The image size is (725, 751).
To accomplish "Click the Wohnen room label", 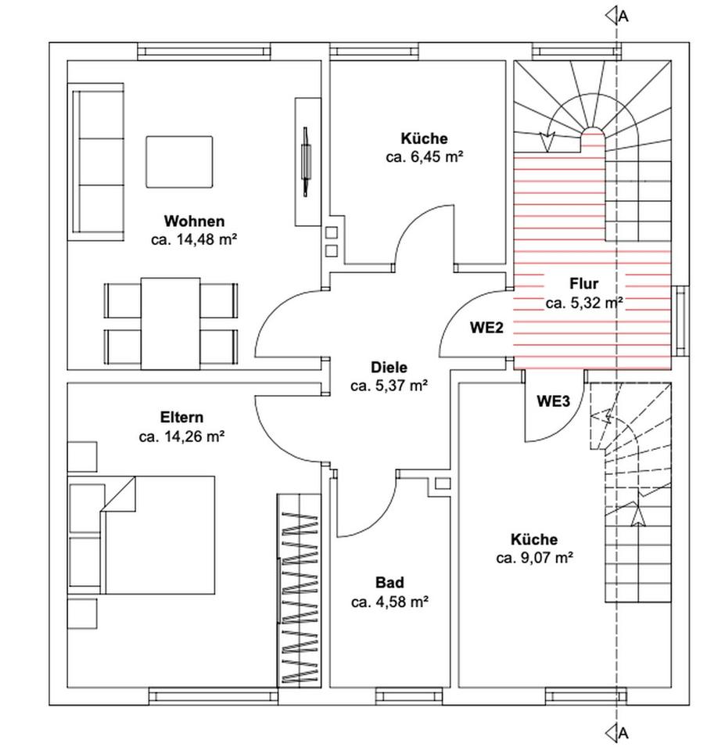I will coord(194,221).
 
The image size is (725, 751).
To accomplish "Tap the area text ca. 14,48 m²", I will coord(194,240).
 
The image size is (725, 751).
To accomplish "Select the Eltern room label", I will coord(181,418).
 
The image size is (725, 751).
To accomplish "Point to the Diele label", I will coord(389,367).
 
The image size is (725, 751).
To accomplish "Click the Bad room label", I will coord(389,583).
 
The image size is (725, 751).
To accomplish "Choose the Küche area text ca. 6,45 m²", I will coord(425,157).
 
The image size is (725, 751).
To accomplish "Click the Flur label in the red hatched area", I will coord(583,284).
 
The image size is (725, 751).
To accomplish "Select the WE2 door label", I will coord(486,328).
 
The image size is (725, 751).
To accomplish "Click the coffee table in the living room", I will coord(179,162).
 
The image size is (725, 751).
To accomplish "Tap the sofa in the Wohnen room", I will coord(98,162).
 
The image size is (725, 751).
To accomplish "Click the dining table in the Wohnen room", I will coord(170,322).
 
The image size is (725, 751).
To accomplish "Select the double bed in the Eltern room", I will coord(156,534).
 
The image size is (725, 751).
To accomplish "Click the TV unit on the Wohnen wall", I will coord(307,160).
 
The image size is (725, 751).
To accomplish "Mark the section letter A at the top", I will coord(623,15).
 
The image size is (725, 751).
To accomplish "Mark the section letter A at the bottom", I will coord(623,733).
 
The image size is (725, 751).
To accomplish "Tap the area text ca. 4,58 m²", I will coord(389,602).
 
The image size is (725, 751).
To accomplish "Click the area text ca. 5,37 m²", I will coord(389,386).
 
